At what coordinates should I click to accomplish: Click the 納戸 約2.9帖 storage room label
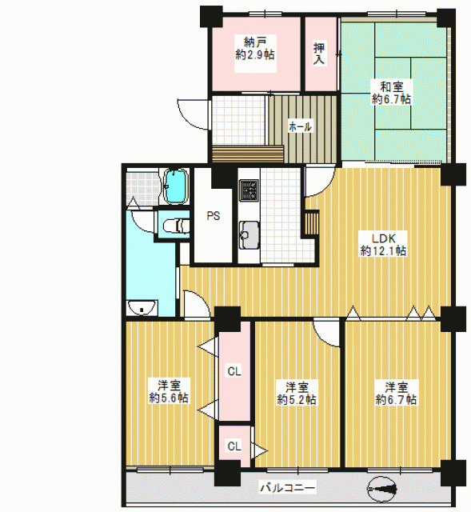coord(255,48)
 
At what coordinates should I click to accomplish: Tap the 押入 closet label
coord(319,54)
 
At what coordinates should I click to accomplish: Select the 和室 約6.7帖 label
coord(391,93)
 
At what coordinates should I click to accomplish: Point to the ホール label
coord(300,126)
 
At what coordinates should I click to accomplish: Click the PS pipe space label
coord(214,216)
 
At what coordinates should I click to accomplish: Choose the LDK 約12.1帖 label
coord(384,245)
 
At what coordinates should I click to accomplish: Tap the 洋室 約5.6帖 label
coord(169,391)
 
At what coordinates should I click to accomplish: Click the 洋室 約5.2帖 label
coord(297,394)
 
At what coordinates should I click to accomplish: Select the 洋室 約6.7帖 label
coord(397,394)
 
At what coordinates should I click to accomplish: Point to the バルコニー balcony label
coord(288,488)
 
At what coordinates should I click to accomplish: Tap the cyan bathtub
coord(176,186)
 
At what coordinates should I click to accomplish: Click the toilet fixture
coord(176,226)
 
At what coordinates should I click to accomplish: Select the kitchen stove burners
coord(249,190)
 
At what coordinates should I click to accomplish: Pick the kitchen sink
coord(249,235)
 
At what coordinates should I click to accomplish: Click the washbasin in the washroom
coord(142,307)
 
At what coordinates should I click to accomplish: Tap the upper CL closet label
coord(234,371)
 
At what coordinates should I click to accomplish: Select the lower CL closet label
coord(234,446)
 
